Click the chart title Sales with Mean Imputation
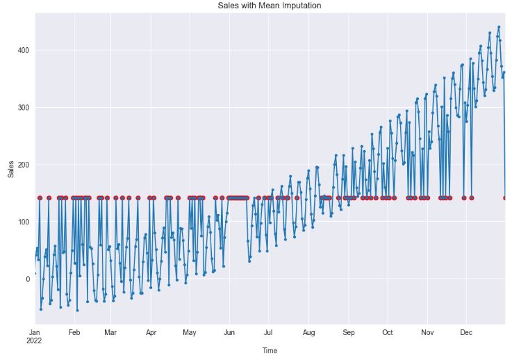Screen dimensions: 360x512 click(x=269, y=6)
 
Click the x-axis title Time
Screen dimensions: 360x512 click(x=270, y=351)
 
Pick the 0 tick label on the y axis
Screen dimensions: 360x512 click(x=28, y=279)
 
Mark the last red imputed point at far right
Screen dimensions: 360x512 click(x=505, y=198)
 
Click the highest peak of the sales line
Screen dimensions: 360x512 click(x=499, y=27)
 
